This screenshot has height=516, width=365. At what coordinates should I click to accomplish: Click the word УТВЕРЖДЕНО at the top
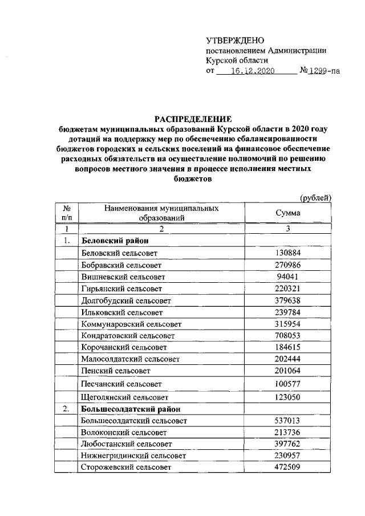point(236,40)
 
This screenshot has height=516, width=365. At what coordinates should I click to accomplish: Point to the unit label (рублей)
point(316,197)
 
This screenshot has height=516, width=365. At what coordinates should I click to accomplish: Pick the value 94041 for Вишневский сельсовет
point(288,277)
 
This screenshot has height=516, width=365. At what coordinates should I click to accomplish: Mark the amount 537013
point(288,421)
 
